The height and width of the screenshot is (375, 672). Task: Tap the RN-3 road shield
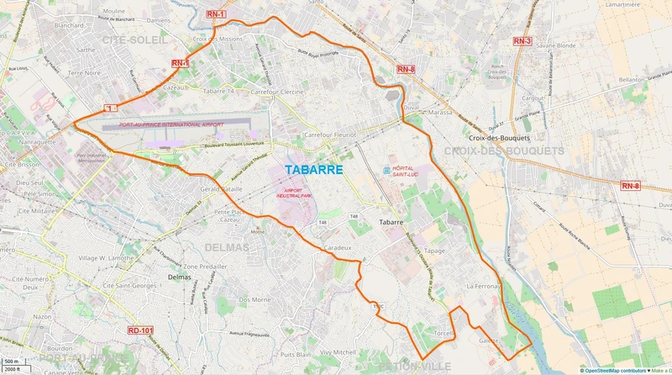coord(523,40)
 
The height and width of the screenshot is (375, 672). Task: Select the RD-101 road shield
coord(141,330)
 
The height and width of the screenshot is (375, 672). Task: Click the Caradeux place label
coord(339,249)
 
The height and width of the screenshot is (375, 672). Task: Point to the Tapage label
coord(434,251)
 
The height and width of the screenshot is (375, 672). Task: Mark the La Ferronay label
coord(483,287)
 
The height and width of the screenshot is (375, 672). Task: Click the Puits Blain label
coord(271,354)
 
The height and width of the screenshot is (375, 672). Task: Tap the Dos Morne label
coord(255,299)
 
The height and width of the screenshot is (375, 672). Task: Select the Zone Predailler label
coord(206,267)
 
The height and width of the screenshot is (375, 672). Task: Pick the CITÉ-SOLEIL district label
coord(134,40)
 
